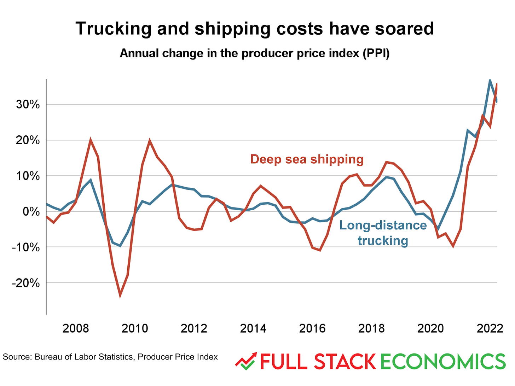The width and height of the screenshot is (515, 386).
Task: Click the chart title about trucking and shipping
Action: (x=255, y=28)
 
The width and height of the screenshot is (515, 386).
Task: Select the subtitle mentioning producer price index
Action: (x=255, y=53)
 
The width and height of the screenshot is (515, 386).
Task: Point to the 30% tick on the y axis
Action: (x=28, y=105)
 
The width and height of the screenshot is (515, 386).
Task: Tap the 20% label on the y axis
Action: (x=28, y=140)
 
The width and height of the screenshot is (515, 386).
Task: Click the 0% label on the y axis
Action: (x=31, y=211)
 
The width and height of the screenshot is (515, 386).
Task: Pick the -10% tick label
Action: (x=26, y=247)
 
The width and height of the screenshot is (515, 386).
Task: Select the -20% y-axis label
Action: (x=26, y=283)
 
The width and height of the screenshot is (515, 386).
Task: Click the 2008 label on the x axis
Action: (x=75, y=328)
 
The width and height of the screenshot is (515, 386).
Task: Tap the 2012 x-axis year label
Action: (x=194, y=328)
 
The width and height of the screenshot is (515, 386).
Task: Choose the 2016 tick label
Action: (x=312, y=328)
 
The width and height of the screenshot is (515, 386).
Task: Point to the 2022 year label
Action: (x=490, y=328)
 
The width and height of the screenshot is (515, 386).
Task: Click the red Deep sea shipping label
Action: (x=307, y=159)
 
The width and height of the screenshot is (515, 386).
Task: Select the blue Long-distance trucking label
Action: (x=383, y=233)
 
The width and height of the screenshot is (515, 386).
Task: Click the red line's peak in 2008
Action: (x=91, y=140)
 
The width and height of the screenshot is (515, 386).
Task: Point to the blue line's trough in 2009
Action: (x=120, y=246)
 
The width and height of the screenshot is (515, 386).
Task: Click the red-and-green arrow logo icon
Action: (x=246, y=361)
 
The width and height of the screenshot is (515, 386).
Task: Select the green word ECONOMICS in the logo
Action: (x=443, y=362)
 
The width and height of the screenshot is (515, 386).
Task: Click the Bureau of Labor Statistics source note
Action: (x=110, y=357)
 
